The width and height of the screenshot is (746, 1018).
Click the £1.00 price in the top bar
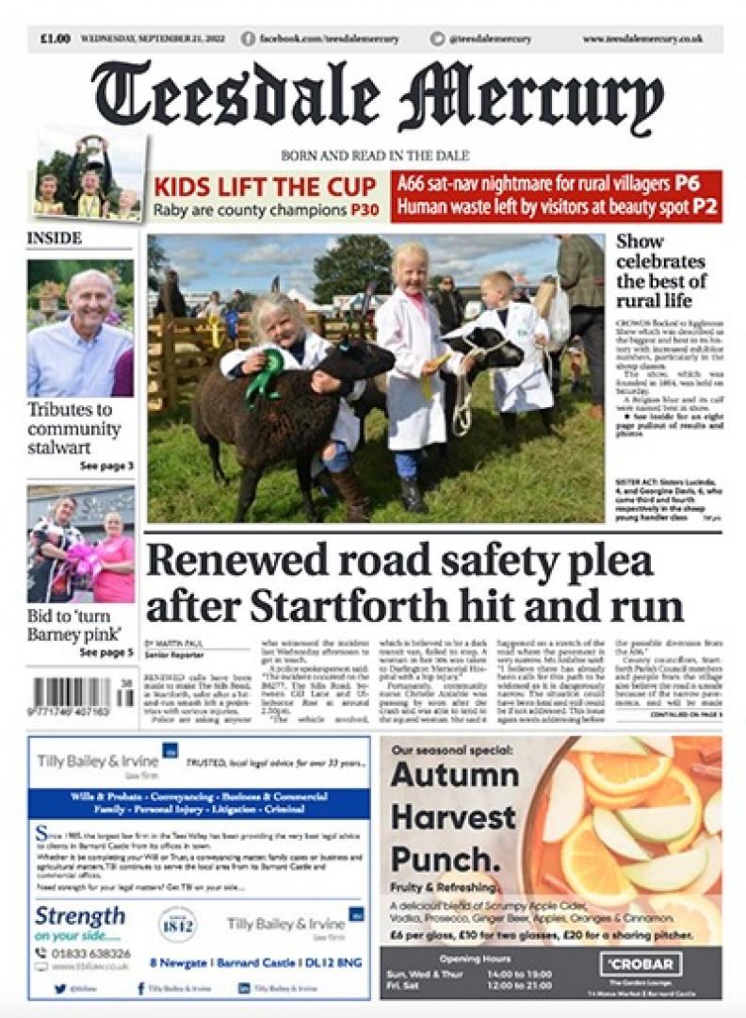coord(55,39)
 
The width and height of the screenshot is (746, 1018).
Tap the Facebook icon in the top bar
coord(249,39)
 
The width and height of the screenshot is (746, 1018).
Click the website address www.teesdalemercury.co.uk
coord(642,39)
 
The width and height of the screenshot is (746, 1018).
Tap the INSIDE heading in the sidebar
coord(54,238)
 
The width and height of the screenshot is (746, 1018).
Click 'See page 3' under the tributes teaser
coord(106,466)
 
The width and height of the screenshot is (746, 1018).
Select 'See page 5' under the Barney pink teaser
coord(106,651)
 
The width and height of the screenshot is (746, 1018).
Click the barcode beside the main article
coord(73,698)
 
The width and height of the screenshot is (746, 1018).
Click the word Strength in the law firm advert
coord(80,915)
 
